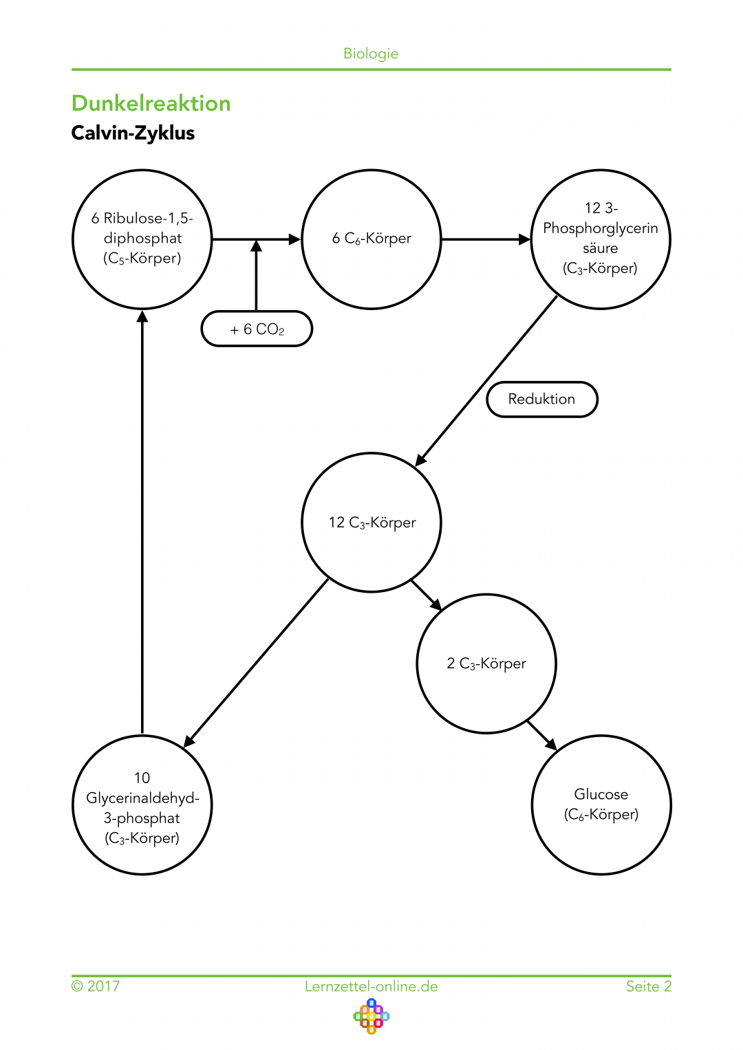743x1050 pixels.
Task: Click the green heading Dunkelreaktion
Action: [151, 103]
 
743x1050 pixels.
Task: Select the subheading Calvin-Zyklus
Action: [133, 133]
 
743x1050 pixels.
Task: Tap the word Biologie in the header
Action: [371, 54]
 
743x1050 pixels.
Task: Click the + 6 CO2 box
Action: [257, 329]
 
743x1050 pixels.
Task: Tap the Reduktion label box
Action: [542, 400]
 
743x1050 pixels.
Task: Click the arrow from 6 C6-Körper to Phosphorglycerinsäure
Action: [486, 239]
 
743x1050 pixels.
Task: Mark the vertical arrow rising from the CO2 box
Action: [256, 276]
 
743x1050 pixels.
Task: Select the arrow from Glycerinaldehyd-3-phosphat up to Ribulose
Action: [142, 522]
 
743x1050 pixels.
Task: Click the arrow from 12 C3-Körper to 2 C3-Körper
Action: [427, 595]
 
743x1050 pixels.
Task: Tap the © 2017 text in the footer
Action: [96, 987]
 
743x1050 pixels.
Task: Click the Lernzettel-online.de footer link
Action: [371, 987]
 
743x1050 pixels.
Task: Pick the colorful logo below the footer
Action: [371, 1017]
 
